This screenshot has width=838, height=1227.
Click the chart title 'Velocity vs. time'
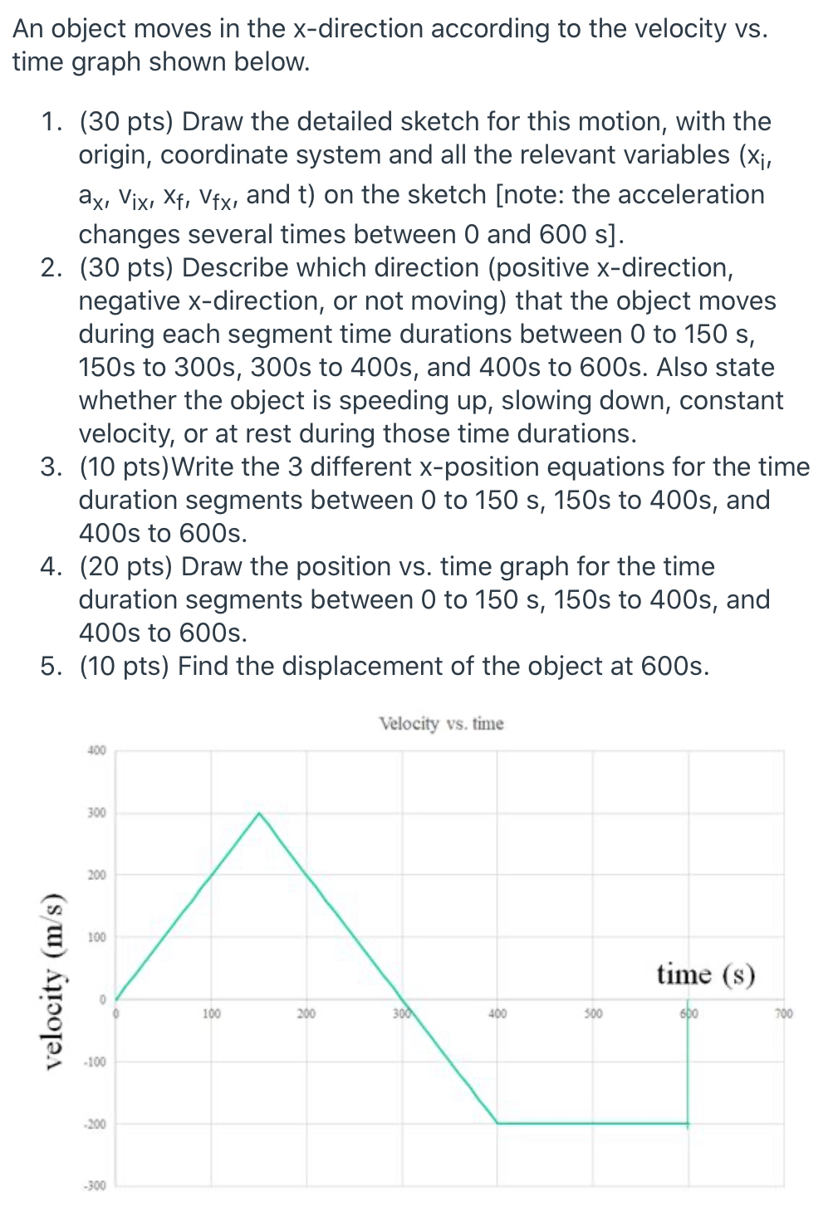pos(441,724)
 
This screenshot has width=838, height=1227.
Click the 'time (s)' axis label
pos(705,974)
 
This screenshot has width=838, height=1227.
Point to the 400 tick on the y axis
pos(97,750)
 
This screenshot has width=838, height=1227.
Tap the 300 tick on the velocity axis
pos(97,813)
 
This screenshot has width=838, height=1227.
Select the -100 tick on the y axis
pos(95,1062)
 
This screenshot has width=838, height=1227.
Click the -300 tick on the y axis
pos(95,1185)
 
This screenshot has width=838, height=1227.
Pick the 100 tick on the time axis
pos(212,1014)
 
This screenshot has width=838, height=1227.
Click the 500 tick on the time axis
pos(593,1014)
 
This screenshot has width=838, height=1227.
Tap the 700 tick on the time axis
pos(784,1014)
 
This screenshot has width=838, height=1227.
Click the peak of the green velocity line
pos(259,814)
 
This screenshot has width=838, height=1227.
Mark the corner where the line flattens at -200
pos(497,1123)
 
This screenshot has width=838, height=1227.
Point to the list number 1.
pos(51,122)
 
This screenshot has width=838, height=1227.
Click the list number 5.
pos(51,667)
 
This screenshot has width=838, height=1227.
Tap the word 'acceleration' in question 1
pos(691,195)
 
